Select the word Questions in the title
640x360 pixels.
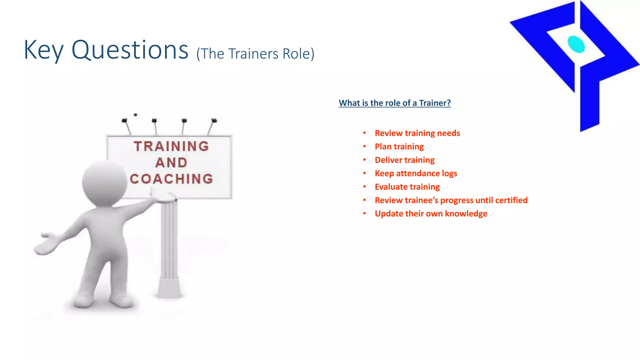(x=130, y=50)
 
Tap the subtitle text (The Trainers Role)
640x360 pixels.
(x=255, y=54)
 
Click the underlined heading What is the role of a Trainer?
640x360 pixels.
(x=395, y=103)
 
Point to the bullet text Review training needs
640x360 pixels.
(x=417, y=133)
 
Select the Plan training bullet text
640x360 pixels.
(x=399, y=147)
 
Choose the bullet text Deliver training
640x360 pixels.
(x=404, y=160)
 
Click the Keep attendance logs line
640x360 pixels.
(x=416, y=173)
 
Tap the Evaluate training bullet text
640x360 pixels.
(x=407, y=187)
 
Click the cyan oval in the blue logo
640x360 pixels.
(x=576, y=44)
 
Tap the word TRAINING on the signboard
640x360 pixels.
(x=171, y=146)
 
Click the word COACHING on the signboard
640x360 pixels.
(x=172, y=179)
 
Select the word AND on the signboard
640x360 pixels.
(x=171, y=162)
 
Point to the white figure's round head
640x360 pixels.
(x=104, y=182)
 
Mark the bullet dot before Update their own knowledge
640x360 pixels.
(x=364, y=213)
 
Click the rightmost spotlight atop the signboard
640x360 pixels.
(x=214, y=120)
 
